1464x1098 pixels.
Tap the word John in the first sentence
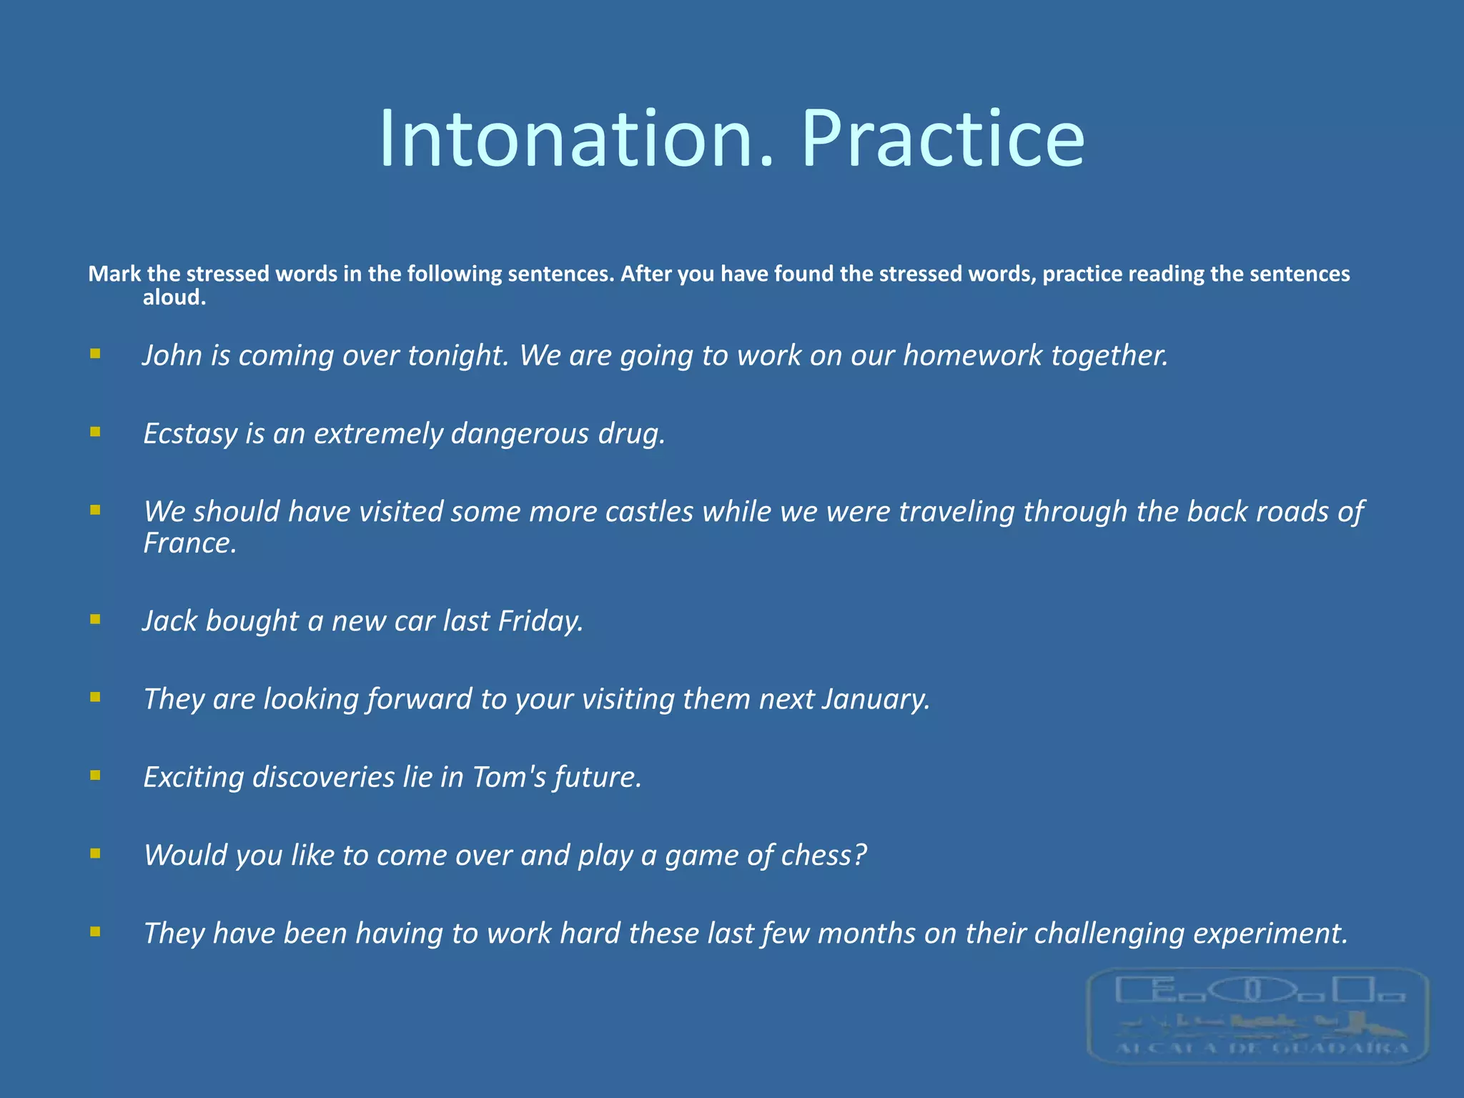172,355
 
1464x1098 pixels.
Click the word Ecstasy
189,434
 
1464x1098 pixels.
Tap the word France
189,543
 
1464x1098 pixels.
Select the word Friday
540,621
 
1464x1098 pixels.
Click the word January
876,699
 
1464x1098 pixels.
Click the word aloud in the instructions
174,297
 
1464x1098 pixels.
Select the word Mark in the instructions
114,274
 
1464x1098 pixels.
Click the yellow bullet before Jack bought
95,619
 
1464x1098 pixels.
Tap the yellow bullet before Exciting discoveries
95,775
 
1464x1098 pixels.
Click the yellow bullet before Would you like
95,853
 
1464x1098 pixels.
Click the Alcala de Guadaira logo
1258,1015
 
